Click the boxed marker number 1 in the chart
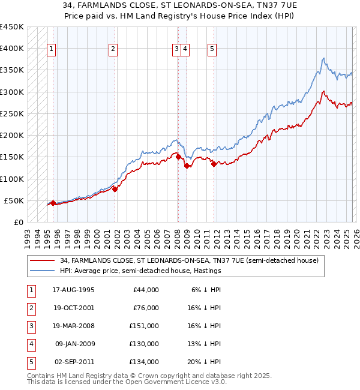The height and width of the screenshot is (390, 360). coord(52,49)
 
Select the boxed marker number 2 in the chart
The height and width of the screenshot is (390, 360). coord(113,49)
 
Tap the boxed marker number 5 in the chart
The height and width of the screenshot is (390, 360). coord(213,49)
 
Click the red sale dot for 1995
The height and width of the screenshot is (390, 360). coord(53,203)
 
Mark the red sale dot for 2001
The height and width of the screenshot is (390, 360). coord(115,189)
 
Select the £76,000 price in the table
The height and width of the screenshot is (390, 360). coord(146,308)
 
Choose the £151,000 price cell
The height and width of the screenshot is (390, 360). coord(145,326)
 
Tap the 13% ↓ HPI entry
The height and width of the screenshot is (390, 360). coord(204,344)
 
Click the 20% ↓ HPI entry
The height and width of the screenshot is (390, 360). coord(204,362)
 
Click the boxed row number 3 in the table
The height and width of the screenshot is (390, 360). coord(30,326)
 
